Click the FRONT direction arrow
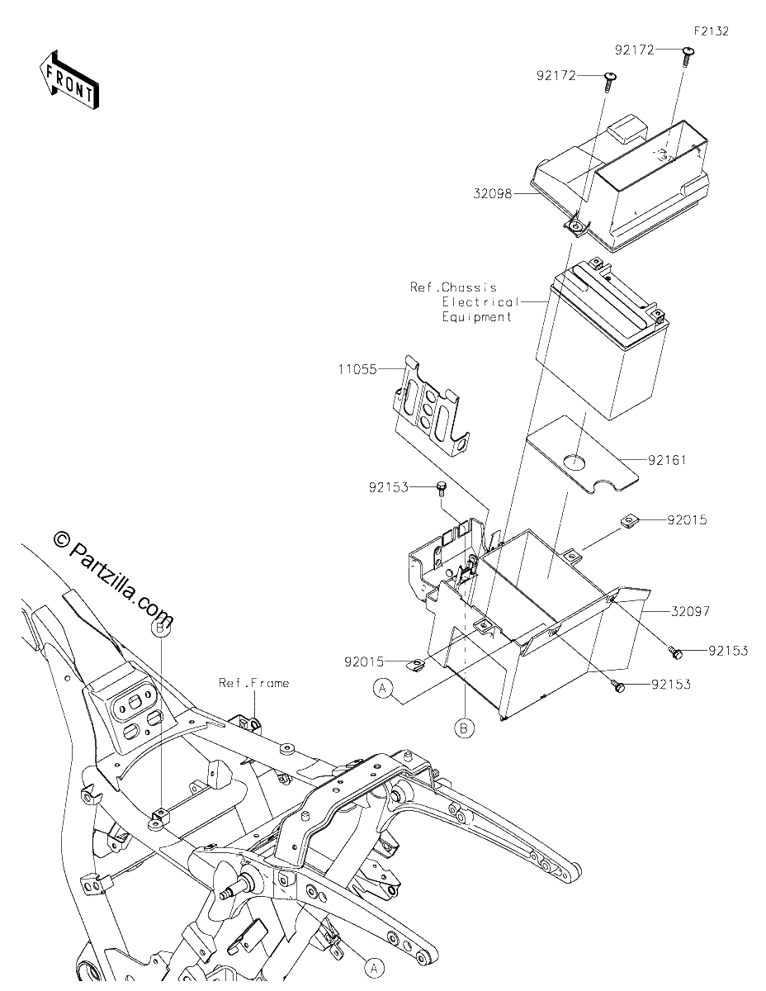[69, 80]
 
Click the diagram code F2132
[712, 31]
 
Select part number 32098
[493, 194]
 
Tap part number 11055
[357, 369]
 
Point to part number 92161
[667, 460]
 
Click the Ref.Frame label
[253, 683]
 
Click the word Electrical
[480, 302]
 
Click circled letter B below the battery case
[464, 728]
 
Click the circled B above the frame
[160, 628]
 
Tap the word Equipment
[476, 316]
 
